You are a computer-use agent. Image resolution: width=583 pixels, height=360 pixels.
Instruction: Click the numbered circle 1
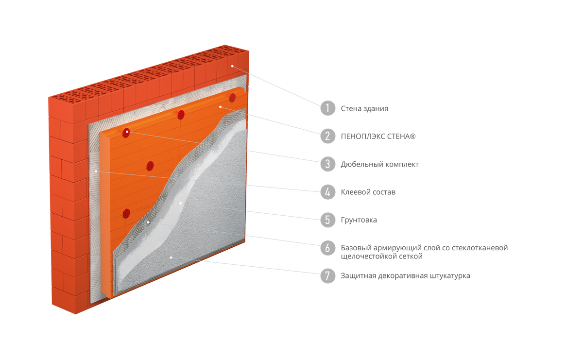pyautogui.click(x=327, y=108)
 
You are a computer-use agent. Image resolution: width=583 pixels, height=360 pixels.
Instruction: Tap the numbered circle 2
pyautogui.click(x=327, y=136)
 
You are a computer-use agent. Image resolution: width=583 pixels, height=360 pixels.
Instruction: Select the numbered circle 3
pyautogui.click(x=327, y=164)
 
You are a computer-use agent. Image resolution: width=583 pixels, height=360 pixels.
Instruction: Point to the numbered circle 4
pyautogui.click(x=327, y=192)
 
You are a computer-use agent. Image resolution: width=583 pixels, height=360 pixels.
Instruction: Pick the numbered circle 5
pyautogui.click(x=327, y=220)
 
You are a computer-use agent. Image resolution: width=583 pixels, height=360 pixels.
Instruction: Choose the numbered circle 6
pyautogui.click(x=327, y=248)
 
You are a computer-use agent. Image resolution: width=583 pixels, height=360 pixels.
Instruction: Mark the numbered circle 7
pyautogui.click(x=327, y=275)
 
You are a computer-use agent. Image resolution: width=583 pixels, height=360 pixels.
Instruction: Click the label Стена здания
pyautogui.click(x=364, y=108)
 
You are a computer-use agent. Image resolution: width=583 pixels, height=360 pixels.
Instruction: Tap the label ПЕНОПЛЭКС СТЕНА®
pyautogui.click(x=378, y=136)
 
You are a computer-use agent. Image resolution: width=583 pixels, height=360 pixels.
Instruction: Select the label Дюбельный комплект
pyautogui.click(x=380, y=164)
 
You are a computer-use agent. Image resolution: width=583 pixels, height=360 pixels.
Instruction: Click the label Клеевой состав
pyautogui.click(x=368, y=192)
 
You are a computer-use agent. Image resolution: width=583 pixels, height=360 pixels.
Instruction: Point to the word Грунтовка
pyautogui.click(x=359, y=220)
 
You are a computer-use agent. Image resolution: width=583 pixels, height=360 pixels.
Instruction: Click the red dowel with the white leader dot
pyautogui.click(x=126, y=133)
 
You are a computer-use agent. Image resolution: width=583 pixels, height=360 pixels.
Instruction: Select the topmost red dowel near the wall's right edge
pyautogui.click(x=232, y=98)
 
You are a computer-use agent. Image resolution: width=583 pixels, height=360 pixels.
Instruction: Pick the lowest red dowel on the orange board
pyautogui.click(x=126, y=214)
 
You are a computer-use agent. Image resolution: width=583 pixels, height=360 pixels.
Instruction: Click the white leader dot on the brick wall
pyautogui.click(x=232, y=66)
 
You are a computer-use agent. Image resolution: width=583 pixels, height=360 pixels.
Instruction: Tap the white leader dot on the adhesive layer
pyautogui.click(x=96, y=171)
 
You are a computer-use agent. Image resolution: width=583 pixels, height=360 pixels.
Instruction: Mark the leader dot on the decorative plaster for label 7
pyautogui.click(x=171, y=257)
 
